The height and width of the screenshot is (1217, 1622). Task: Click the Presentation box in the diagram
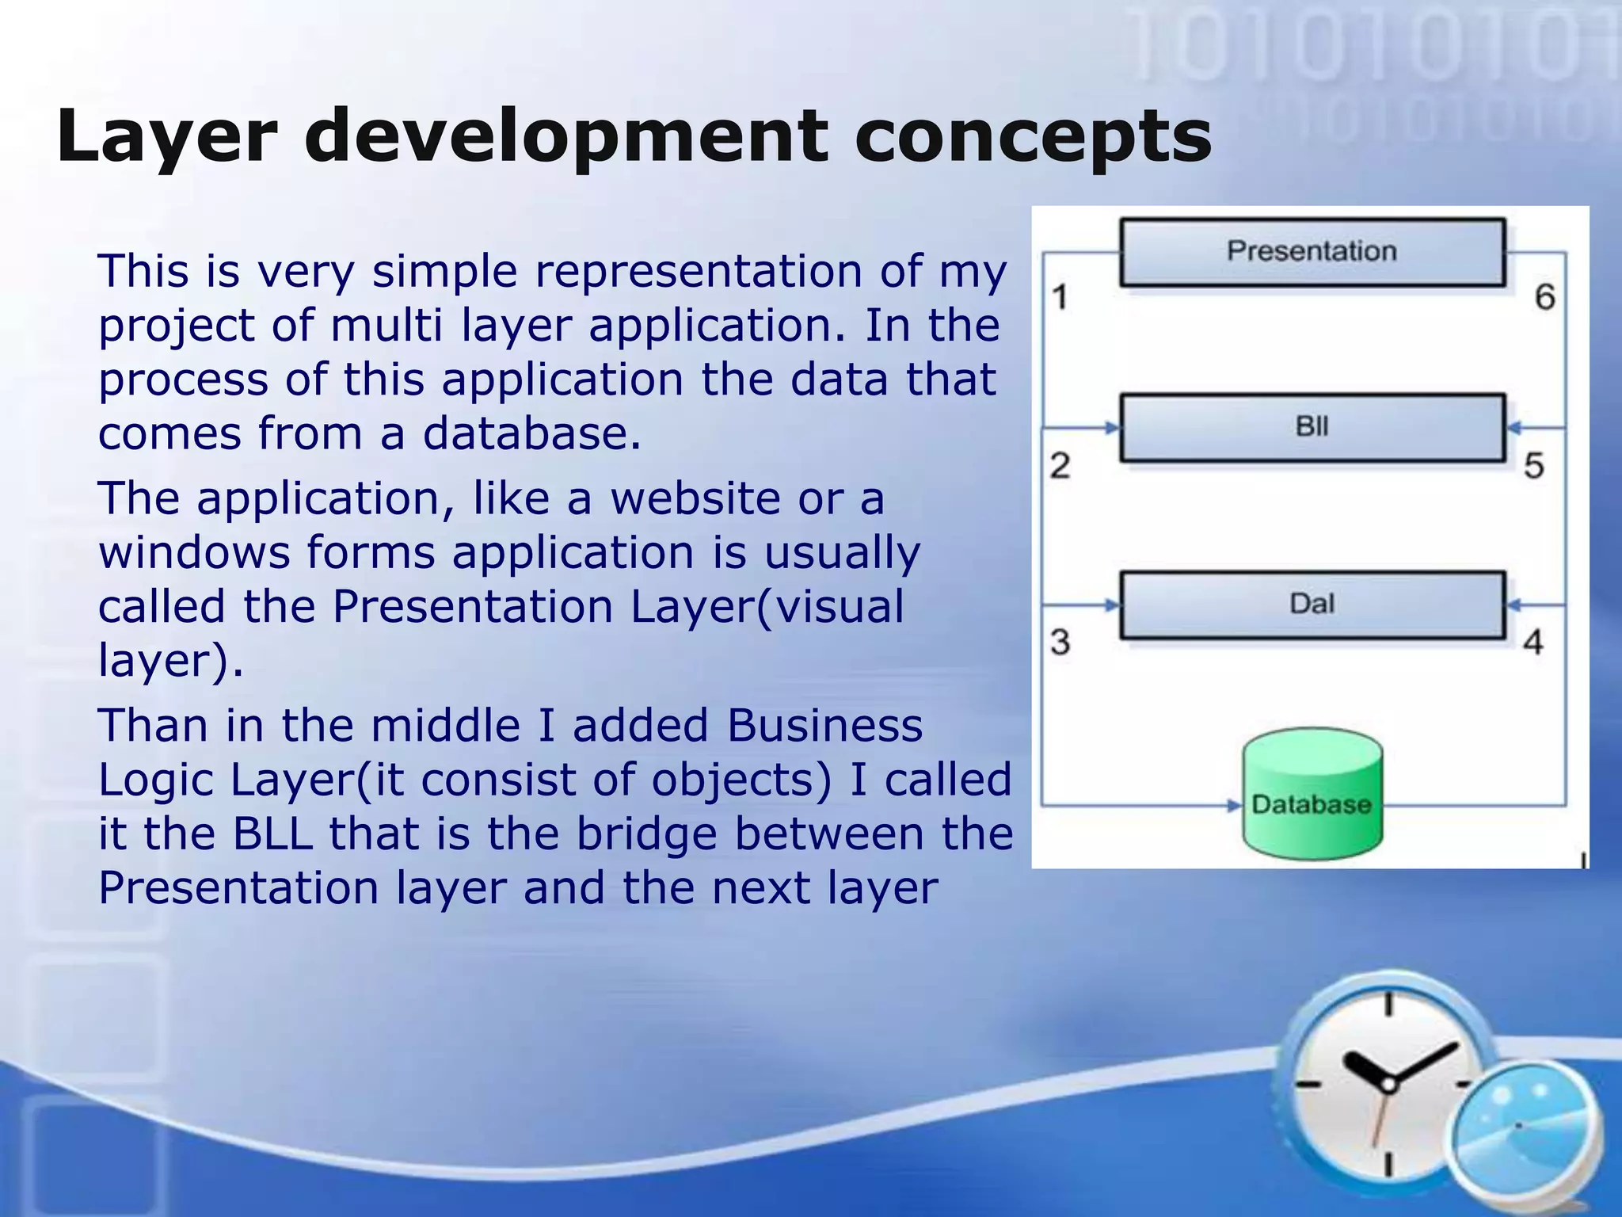(x=1312, y=252)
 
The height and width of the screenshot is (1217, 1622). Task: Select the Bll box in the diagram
(x=1312, y=427)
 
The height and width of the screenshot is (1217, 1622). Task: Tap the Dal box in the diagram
(x=1312, y=605)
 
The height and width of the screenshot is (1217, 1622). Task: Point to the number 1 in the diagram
(x=1060, y=297)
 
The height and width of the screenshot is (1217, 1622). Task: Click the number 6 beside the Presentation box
(x=1544, y=297)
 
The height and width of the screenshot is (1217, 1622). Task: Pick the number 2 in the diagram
(x=1060, y=465)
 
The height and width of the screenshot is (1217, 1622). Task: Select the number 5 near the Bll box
(x=1534, y=465)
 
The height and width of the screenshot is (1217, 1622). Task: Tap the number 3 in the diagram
(x=1060, y=642)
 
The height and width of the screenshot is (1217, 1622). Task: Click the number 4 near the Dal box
(x=1533, y=642)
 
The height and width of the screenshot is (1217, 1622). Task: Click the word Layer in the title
(x=166, y=136)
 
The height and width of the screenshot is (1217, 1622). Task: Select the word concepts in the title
(x=1033, y=136)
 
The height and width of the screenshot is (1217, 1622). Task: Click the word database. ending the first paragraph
(x=531, y=433)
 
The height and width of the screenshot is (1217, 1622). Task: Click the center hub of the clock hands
(x=1388, y=1084)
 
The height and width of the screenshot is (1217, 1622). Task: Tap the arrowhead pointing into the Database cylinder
(x=1235, y=806)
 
